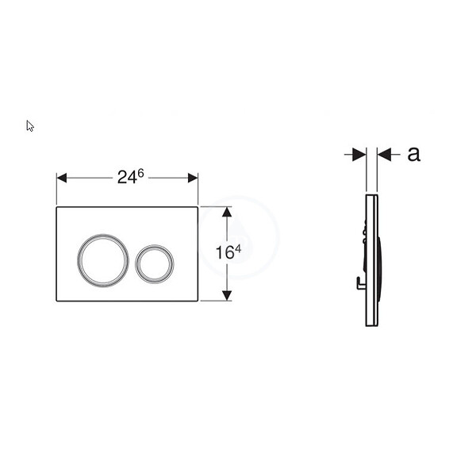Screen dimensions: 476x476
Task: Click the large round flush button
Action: click(x=103, y=260)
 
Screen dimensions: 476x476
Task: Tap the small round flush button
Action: click(x=155, y=264)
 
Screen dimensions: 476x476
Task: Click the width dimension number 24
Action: click(x=127, y=177)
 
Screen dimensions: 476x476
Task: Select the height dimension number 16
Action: click(x=225, y=252)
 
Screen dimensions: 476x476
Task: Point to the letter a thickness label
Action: click(x=414, y=154)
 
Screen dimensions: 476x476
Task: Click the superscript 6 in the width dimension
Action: click(x=140, y=173)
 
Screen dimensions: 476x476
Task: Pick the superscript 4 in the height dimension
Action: click(x=238, y=249)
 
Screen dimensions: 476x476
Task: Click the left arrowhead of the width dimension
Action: click(x=62, y=178)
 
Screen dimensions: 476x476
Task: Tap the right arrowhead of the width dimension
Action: click(x=193, y=178)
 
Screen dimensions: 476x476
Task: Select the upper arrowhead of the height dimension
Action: click(x=227, y=212)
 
